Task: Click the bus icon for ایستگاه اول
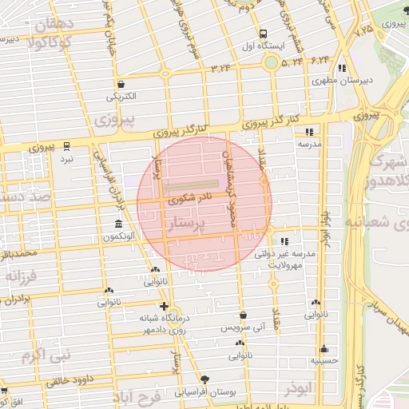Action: [263, 34]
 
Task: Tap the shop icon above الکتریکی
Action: [121, 84]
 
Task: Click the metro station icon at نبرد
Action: [67, 147]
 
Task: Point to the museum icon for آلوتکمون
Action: [118, 223]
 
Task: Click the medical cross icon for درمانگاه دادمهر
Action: [164, 306]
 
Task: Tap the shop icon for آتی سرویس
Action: [243, 316]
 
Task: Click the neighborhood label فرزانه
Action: [23, 277]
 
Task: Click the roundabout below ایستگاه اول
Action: [272, 62]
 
